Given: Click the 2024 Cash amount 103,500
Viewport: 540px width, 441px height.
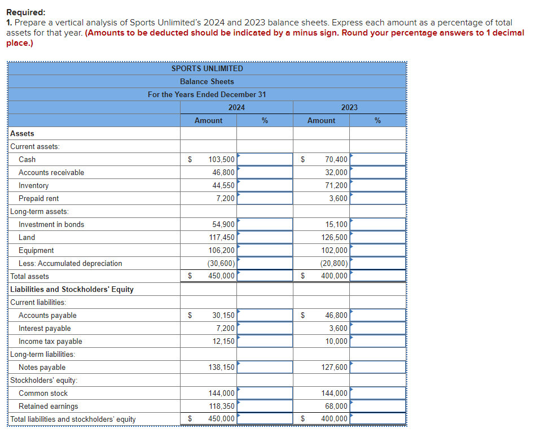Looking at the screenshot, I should pyautogui.click(x=221, y=160).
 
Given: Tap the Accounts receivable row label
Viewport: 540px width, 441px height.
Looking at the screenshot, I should pyautogui.click(x=51, y=173).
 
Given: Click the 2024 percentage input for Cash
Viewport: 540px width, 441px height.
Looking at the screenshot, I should pyautogui.click(x=265, y=160).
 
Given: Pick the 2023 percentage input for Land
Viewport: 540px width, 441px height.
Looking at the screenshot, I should pyautogui.click(x=377, y=238).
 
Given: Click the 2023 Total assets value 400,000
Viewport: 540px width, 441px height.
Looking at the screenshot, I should pyautogui.click(x=335, y=276).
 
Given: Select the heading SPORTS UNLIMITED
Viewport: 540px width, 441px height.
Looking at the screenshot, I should pyautogui.click(x=207, y=68).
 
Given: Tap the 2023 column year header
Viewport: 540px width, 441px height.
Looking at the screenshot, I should pyautogui.click(x=349, y=107).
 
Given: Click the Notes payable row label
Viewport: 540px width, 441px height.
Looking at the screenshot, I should pyautogui.click(x=42, y=368).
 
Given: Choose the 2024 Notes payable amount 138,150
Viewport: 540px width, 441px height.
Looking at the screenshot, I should pyautogui.click(x=221, y=368).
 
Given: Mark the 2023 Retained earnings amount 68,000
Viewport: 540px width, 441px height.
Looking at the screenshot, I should pyautogui.click(x=337, y=407).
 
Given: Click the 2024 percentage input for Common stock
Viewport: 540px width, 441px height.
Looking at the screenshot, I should pyautogui.click(x=265, y=394).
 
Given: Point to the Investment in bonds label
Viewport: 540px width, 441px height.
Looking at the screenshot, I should pyautogui.click(x=51, y=225).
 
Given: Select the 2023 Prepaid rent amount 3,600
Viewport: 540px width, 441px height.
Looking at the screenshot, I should pyautogui.click(x=338, y=199).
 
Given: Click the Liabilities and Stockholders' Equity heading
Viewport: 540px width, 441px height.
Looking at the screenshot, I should pyautogui.click(x=72, y=290).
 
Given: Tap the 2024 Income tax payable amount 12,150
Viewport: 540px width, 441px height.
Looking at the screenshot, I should pyautogui.click(x=223, y=342).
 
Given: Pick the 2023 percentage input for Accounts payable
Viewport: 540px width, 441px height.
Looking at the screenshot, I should pyautogui.click(x=377, y=316).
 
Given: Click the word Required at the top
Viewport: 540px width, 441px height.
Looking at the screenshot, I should pyautogui.click(x=27, y=12).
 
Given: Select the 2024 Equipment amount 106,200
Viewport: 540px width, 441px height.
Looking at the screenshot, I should pyautogui.click(x=221, y=251).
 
